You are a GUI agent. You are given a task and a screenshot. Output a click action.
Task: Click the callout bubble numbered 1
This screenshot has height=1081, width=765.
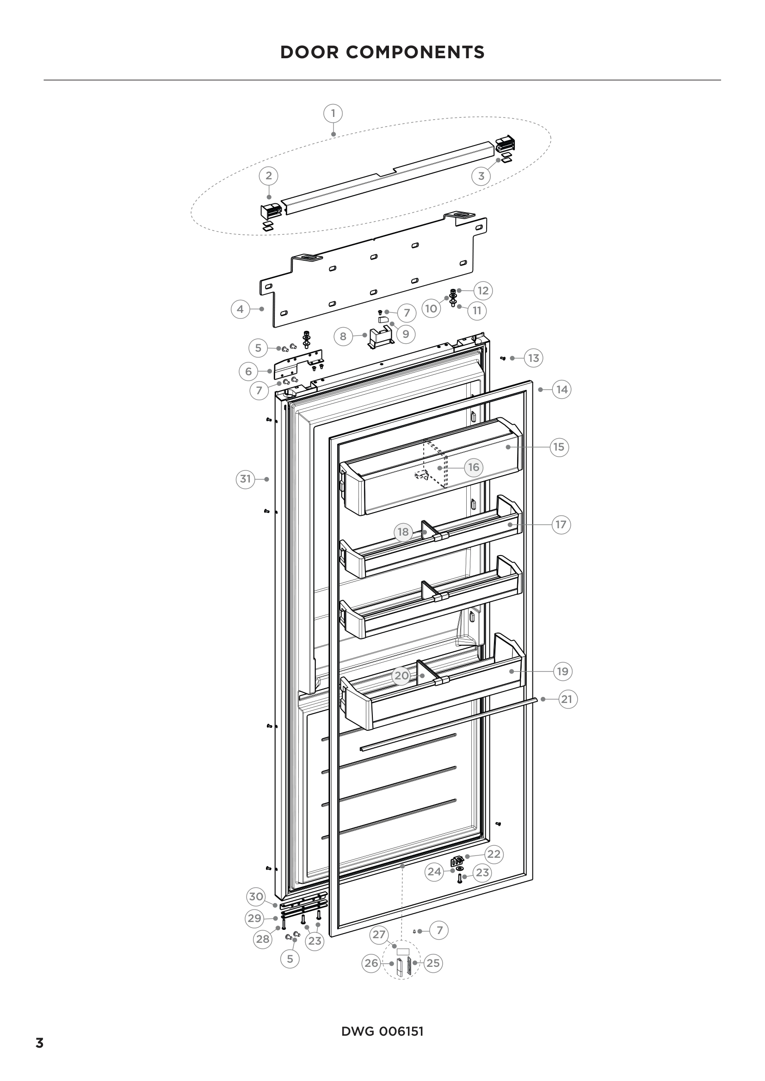tap(333, 114)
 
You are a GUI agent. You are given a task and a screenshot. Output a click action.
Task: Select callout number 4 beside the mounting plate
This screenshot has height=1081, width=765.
tap(240, 309)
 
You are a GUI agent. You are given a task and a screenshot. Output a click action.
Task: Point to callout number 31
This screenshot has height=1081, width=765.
tap(246, 479)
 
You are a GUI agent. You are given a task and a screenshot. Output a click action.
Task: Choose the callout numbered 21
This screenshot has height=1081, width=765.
tap(568, 699)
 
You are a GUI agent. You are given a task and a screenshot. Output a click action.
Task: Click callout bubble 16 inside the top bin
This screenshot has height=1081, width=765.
tap(474, 468)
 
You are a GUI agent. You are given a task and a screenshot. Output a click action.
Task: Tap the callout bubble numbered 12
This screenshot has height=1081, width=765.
tap(483, 291)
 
